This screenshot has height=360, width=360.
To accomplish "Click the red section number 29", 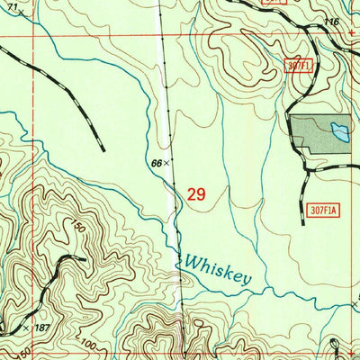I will [x=197, y=193].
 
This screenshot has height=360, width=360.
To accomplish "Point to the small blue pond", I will [x=339, y=131].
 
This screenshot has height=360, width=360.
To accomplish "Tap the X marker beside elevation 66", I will [x=166, y=163].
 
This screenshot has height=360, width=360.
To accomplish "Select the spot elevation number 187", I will [x=41, y=327].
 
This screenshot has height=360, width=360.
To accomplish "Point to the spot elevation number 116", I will [x=332, y=21].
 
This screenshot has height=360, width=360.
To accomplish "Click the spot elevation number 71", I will [x=12, y=5].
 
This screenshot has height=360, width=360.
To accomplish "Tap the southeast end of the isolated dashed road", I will [x=103, y=148].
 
